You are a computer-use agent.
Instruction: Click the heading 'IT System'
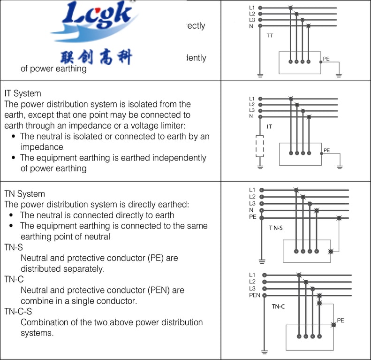pos(23,93)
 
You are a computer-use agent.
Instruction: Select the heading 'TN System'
pos(24,194)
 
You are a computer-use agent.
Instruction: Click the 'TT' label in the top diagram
pos(270,36)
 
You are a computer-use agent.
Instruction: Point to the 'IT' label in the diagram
pos(269,127)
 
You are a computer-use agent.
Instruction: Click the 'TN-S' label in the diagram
pos(276,228)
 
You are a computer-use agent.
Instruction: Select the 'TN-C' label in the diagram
pos(278,306)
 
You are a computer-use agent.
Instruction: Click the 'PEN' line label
pos(254,295)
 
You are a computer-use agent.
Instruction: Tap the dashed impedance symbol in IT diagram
pos(259,146)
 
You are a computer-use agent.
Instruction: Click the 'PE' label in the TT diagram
pos(326,59)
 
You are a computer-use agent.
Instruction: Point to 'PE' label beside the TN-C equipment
pos(341,320)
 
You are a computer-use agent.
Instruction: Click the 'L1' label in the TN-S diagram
pos(252,190)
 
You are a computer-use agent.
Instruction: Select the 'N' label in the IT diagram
pos(251,116)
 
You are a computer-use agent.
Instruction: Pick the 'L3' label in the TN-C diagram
pos(252,288)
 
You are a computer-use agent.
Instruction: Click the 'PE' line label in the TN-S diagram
pos(252,217)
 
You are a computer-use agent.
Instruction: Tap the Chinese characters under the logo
pos(96,57)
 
